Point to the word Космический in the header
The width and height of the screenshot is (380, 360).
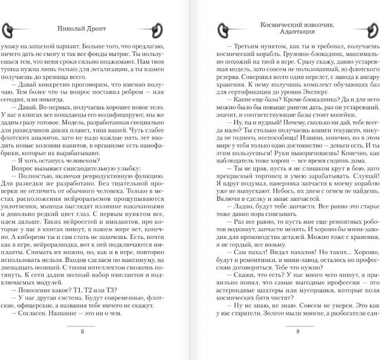pos(279,22)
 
